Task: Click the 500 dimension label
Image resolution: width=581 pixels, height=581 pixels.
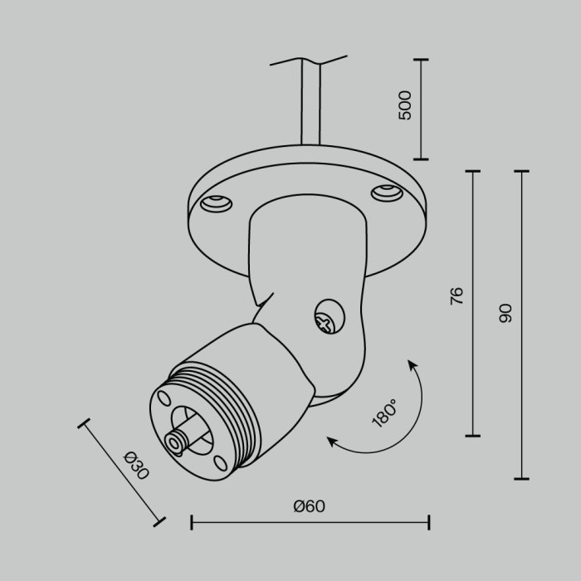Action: pyautogui.click(x=405, y=106)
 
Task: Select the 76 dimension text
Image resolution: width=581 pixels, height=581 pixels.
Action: pyautogui.click(x=456, y=296)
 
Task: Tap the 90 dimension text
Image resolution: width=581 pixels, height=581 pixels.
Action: pyautogui.click(x=505, y=313)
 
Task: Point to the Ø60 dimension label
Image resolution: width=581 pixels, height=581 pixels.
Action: pyautogui.click(x=309, y=506)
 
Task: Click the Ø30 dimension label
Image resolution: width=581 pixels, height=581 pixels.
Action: pyautogui.click(x=134, y=466)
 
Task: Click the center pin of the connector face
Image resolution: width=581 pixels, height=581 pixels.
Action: pyautogui.click(x=177, y=442)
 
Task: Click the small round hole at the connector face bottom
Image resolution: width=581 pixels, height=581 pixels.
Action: pyautogui.click(x=219, y=462)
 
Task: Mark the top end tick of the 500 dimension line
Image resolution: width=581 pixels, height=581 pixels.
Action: pyautogui.click(x=421, y=60)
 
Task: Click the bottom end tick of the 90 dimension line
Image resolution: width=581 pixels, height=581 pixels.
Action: pyautogui.click(x=521, y=479)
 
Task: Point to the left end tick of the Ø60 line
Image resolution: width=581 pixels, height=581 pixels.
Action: pyautogui.click(x=192, y=522)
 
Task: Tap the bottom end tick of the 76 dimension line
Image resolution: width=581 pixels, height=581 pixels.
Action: pyautogui.click(x=472, y=435)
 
